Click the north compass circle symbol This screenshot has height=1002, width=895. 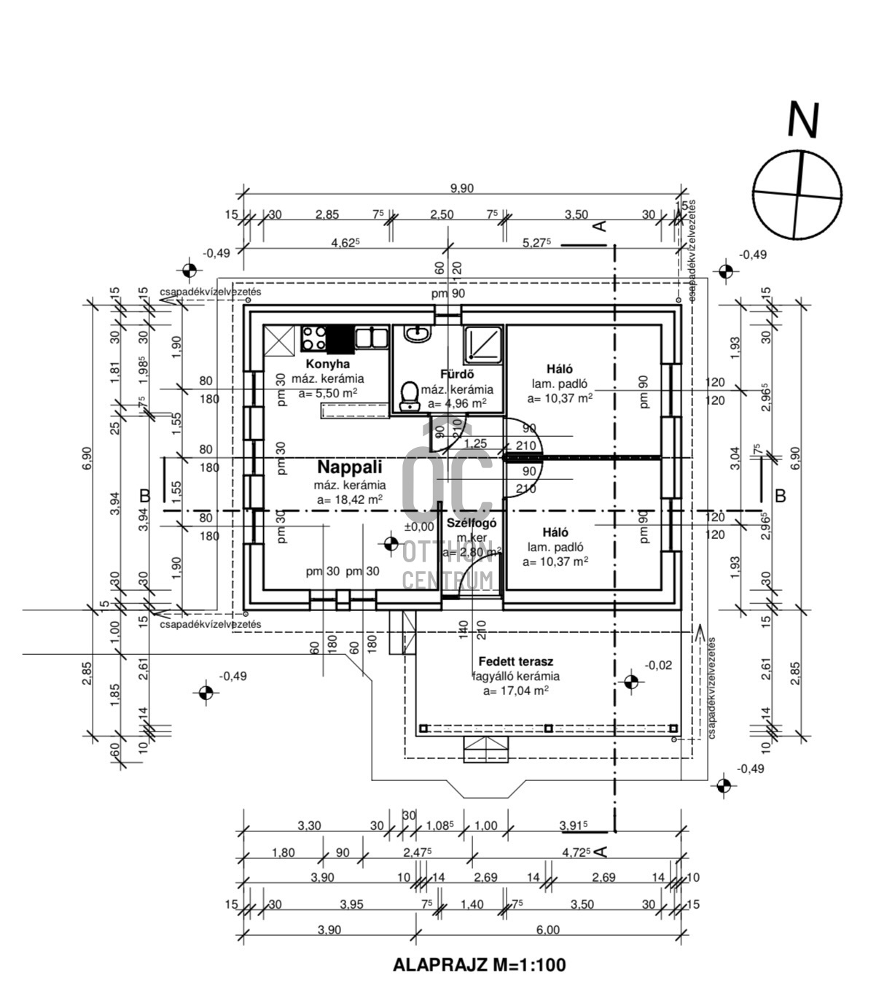click(x=797, y=194)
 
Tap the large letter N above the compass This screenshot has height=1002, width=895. click(x=803, y=120)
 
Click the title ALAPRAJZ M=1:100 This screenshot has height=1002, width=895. click(x=479, y=965)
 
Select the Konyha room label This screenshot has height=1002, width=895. click(x=327, y=364)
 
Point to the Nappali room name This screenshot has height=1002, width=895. click(x=350, y=467)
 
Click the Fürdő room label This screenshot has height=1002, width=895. click(x=457, y=375)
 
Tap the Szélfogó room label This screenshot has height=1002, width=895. click(x=472, y=523)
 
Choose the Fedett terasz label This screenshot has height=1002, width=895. click(x=515, y=661)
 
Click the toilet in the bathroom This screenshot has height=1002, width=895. click(x=410, y=394)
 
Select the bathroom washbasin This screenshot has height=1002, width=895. click(x=417, y=334)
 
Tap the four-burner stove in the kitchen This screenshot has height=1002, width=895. click(x=314, y=339)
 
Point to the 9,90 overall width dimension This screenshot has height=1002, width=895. click(x=461, y=188)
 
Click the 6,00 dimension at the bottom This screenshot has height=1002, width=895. click(x=547, y=930)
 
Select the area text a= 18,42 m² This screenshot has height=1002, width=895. click(x=350, y=500)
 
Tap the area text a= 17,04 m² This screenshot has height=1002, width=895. click(x=515, y=691)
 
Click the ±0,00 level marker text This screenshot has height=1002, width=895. click(x=419, y=527)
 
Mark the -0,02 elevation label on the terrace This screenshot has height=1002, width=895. click(x=658, y=665)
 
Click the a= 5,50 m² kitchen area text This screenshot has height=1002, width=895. click(x=327, y=393)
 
